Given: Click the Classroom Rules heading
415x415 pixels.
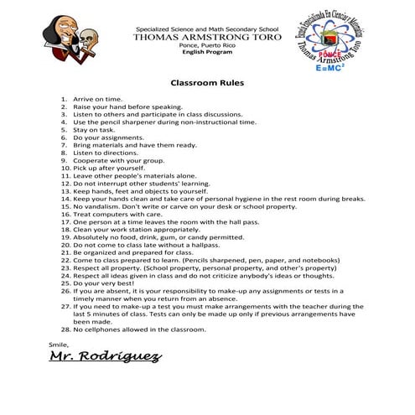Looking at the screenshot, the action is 207,84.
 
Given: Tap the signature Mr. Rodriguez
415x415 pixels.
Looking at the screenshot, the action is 105,356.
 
